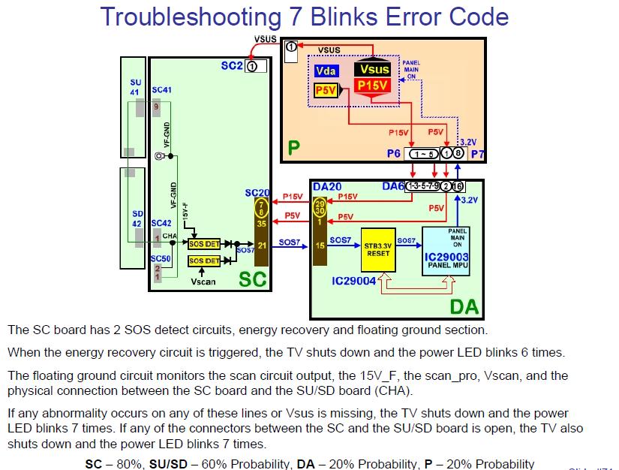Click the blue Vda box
(326, 71)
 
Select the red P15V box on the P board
(373, 86)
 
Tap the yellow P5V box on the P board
(326, 90)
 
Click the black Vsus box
(373, 70)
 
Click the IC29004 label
(352, 282)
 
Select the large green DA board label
(464, 306)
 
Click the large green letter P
(294, 148)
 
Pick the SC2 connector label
(230, 66)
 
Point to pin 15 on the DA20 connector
(320, 245)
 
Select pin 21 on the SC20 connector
(260, 245)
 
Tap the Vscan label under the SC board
(203, 282)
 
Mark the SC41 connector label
(161, 90)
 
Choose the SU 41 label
(135, 87)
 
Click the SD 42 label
(136, 218)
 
